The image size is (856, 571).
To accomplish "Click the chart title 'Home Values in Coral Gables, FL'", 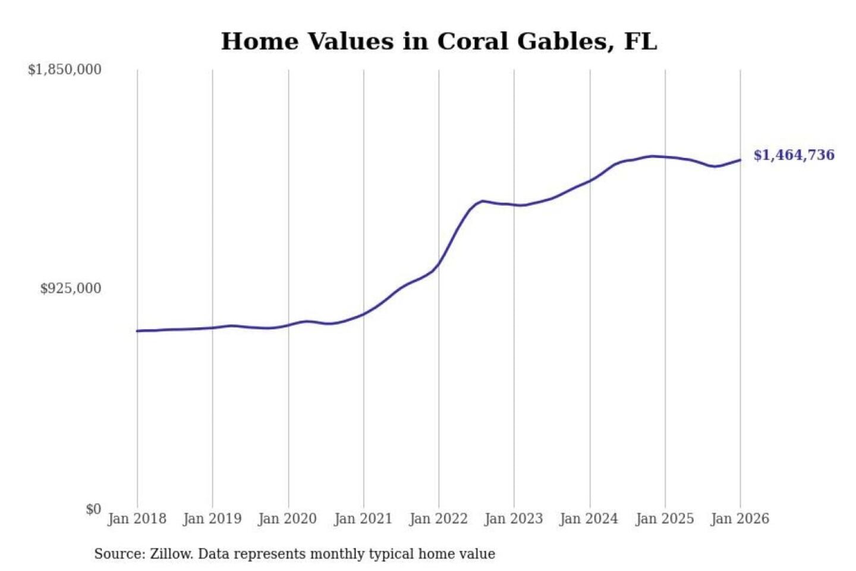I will coord(439,42).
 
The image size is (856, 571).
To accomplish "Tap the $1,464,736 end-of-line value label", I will coord(794,155).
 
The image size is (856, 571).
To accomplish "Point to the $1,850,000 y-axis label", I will coord(65,70).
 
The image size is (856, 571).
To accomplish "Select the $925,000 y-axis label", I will coord(71,288).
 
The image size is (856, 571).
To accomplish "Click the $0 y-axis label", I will coord(93,509).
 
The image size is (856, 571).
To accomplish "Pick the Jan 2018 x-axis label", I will coord(137,519).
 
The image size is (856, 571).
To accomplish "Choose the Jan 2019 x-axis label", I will coord(212,519).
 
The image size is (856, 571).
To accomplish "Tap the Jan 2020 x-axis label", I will coord(288,519).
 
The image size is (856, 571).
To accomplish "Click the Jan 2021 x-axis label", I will coord(363,519).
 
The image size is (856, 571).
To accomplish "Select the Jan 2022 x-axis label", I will coord(439,519).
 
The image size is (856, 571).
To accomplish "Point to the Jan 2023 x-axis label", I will coord(514,519).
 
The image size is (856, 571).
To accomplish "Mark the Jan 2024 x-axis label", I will coord(589,519).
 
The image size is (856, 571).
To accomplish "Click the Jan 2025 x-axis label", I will coord(665,519).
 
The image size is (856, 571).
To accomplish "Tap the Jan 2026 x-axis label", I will coord(740,519).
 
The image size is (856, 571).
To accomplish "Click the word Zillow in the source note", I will coord(171,554).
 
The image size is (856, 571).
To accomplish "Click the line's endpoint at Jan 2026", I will coord(740,159).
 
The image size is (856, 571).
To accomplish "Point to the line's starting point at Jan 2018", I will coord(137,331).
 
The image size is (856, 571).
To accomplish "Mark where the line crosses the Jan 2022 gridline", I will coord(439,263).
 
